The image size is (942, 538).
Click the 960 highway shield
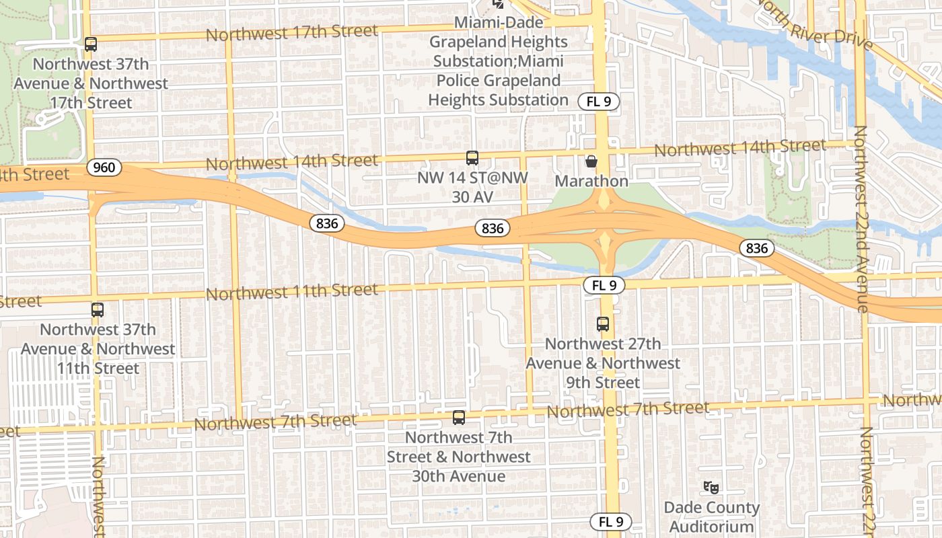click(x=104, y=167)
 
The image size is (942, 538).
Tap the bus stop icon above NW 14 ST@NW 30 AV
click(x=472, y=158)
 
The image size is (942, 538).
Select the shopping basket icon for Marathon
click(x=591, y=161)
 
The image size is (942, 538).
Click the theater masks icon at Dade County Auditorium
click(x=711, y=487)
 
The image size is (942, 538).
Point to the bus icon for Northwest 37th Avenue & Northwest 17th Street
click(x=91, y=44)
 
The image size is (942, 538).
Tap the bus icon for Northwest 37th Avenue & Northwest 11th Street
click(x=98, y=310)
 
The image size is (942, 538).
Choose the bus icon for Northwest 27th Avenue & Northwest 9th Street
click(x=603, y=324)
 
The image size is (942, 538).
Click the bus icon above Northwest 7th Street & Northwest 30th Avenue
click(x=459, y=418)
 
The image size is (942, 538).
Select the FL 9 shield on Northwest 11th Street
click(x=604, y=285)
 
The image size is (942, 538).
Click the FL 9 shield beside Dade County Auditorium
click(x=611, y=521)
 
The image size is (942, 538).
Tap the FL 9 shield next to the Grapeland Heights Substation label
click(x=598, y=102)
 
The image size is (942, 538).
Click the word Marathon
click(x=591, y=181)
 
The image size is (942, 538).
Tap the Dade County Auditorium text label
click(x=711, y=517)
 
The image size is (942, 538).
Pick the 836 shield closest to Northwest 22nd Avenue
click(x=756, y=248)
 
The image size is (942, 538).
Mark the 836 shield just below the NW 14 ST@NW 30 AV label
click(x=493, y=228)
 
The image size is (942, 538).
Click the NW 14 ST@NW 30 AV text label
click(x=472, y=187)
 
